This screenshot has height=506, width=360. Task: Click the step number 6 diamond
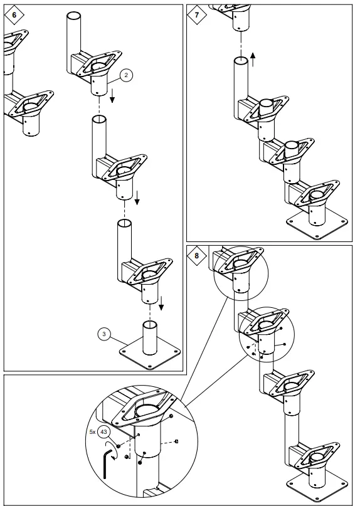14,14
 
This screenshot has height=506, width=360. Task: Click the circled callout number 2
126,75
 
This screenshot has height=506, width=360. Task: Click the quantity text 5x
92,432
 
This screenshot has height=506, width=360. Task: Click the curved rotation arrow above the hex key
112,448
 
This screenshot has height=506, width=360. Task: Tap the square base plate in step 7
317,226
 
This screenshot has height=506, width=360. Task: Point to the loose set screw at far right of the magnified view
177,441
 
